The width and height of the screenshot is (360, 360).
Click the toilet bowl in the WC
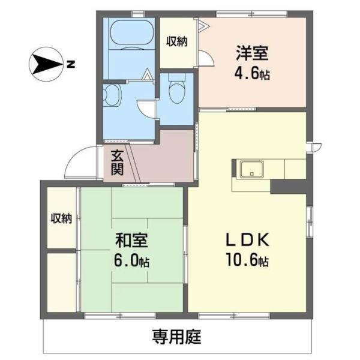point(176,91)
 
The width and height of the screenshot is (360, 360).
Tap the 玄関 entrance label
point(116,161)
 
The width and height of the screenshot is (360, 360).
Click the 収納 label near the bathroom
point(177,41)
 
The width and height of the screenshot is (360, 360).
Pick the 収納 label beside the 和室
point(61,218)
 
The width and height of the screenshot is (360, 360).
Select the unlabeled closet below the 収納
point(61,282)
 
